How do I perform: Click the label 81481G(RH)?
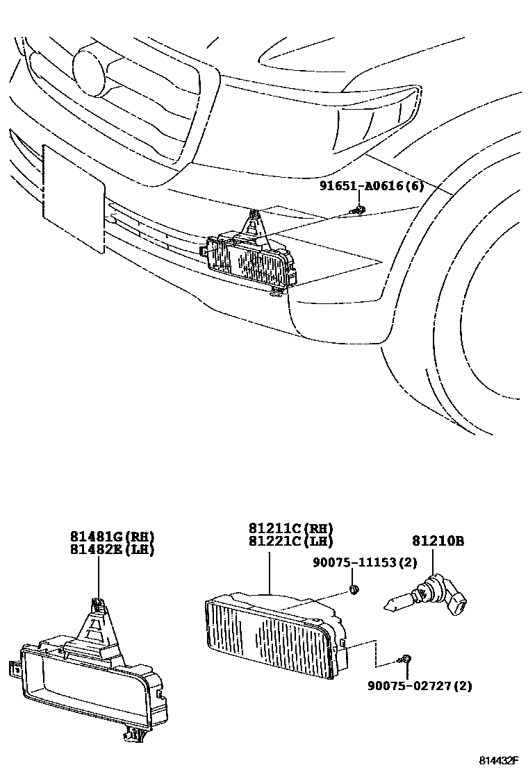point(111,537)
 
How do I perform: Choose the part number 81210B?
point(437,541)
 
